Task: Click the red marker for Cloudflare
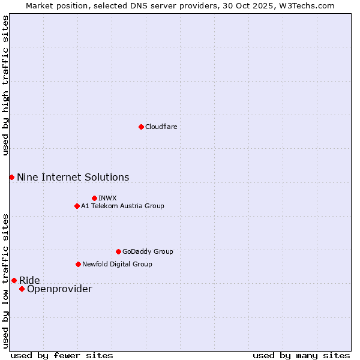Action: point(141,127)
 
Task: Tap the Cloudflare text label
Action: point(161,127)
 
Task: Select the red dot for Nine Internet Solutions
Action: point(11,177)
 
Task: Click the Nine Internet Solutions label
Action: point(73,177)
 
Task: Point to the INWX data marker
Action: point(94,198)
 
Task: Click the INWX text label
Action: point(107,198)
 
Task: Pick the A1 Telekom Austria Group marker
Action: point(77,206)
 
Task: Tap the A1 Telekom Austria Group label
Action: point(122,206)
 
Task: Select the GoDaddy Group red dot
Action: point(118,251)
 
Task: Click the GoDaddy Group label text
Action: point(148,251)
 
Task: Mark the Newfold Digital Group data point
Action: point(78,264)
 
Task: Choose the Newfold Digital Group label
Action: point(117,264)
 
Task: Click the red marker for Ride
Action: point(14,280)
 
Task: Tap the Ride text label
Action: point(29,280)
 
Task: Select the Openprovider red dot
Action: point(22,289)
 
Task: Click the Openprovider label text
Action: point(59,289)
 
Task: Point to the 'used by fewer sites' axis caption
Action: point(62,355)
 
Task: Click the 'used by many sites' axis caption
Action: point(301,355)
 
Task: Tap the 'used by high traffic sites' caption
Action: point(6,85)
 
